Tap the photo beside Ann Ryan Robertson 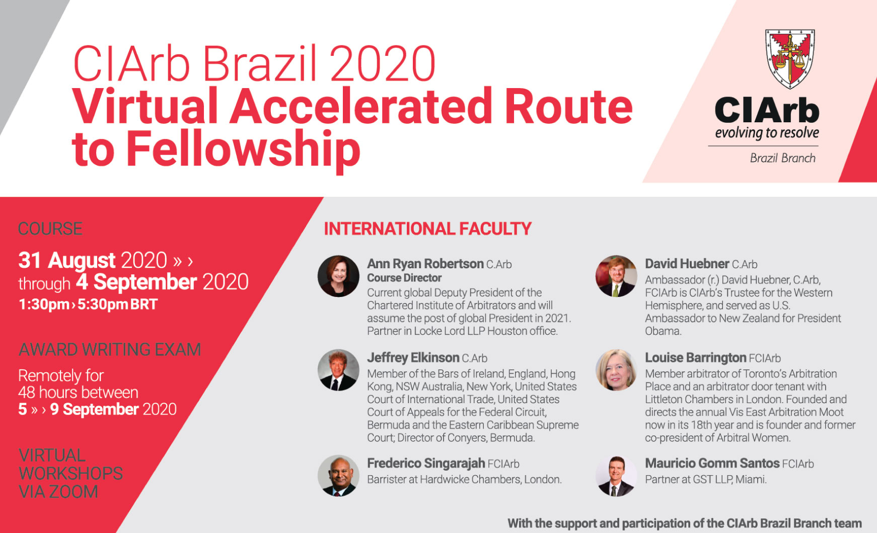(338, 276)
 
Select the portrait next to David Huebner (616, 276)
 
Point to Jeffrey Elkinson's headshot (338, 370)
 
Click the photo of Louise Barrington (616, 370)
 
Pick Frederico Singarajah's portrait (338, 476)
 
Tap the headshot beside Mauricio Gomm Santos (616, 476)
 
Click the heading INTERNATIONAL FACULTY (427, 229)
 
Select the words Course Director (404, 278)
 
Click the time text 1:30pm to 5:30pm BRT (88, 304)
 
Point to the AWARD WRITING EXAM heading (110, 349)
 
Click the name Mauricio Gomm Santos (712, 464)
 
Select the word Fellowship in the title (243, 149)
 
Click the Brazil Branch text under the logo (783, 158)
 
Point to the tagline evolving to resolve (767, 133)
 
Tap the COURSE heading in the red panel (50, 229)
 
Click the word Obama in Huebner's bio (663, 331)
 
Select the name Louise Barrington (696, 358)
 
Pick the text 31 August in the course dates (67, 261)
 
